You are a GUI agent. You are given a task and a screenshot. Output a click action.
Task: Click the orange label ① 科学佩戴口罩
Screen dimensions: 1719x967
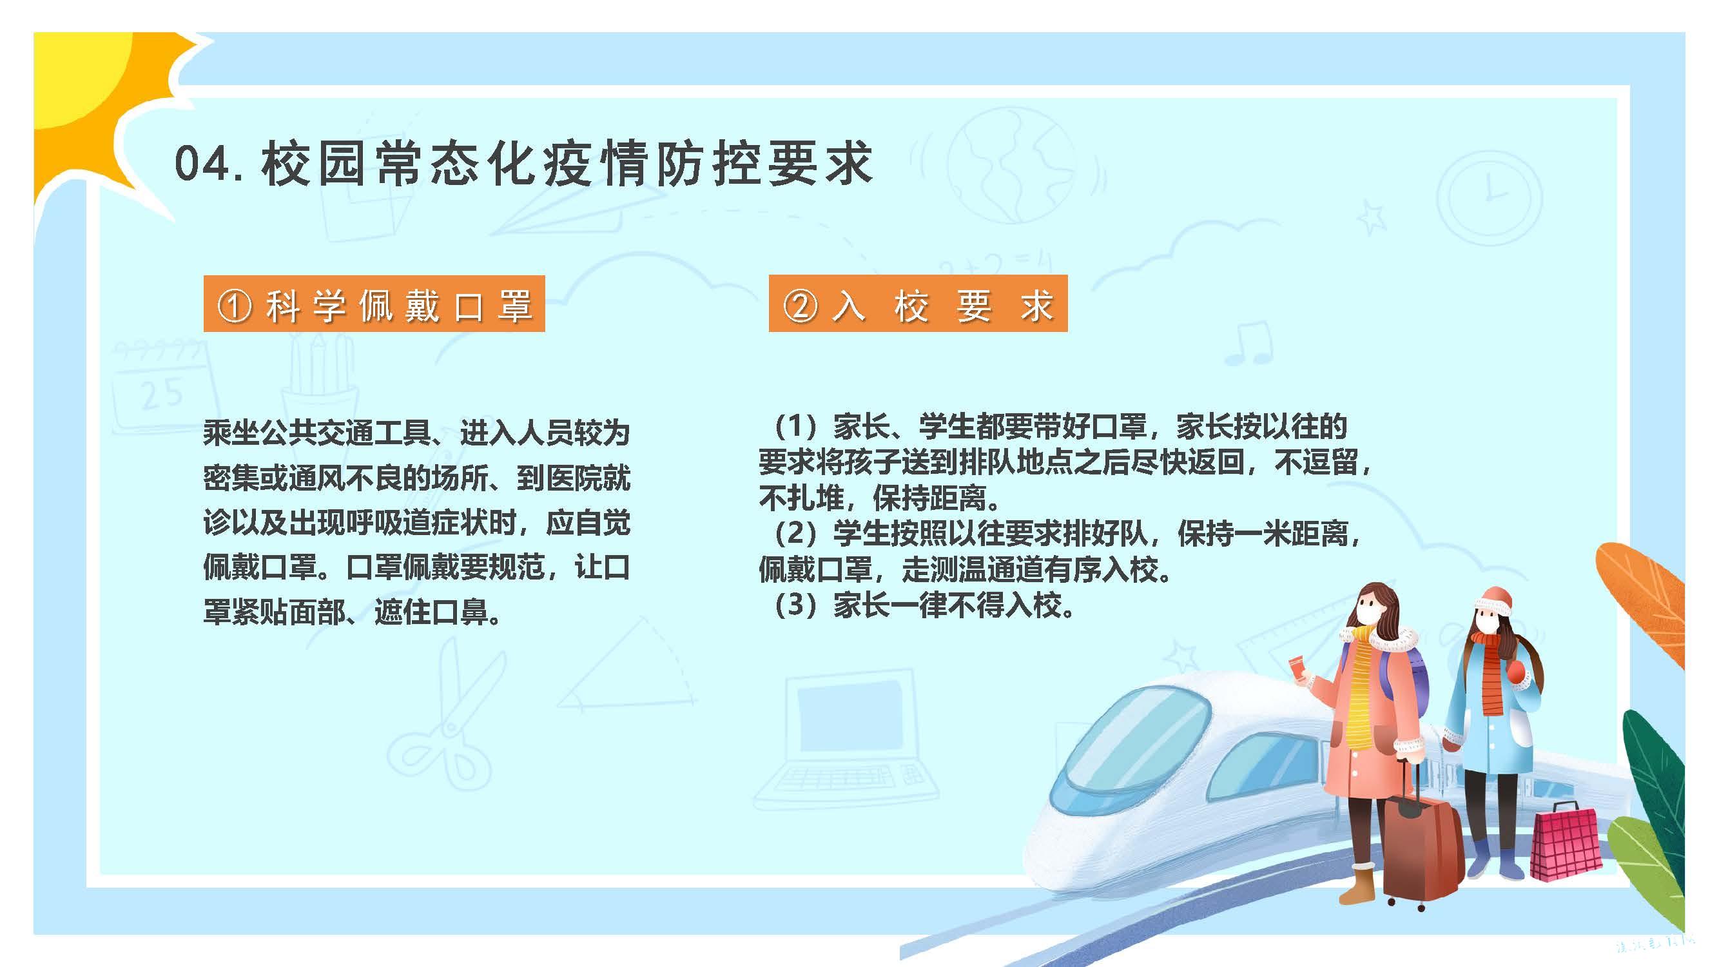click(374, 304)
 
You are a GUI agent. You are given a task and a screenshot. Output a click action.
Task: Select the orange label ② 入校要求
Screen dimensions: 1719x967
click(918, 304)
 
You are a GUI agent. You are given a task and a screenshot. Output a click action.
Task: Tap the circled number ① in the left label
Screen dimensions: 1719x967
click(234, 306)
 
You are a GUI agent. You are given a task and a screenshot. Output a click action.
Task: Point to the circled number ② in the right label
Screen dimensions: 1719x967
click(800, 306)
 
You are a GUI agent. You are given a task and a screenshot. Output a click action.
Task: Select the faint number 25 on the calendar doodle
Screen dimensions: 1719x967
click(162, 394)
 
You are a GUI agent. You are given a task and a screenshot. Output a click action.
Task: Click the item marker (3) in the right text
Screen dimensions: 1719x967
click(795, 606)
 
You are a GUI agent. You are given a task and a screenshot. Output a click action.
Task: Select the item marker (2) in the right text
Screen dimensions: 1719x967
click(795, 533)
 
